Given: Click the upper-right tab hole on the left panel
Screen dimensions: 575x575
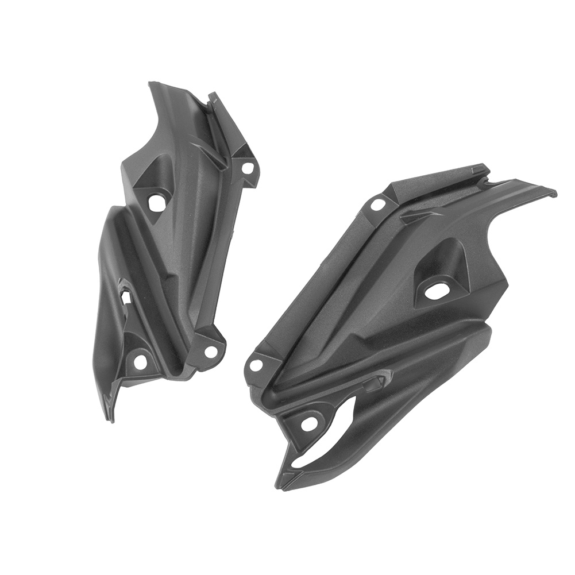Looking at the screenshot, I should [248, 168].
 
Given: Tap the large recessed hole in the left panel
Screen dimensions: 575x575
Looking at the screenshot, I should [156, 202].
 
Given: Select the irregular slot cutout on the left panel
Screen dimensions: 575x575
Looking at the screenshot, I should [125, 293].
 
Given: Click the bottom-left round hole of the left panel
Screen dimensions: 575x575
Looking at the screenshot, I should [139, 361].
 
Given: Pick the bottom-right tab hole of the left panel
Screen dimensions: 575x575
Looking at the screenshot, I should [211, 351].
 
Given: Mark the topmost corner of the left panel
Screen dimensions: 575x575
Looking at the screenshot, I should [150, 84].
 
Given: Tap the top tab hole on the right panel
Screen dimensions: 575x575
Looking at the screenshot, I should [377, 204].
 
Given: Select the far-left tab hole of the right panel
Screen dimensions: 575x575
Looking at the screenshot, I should [256, 364].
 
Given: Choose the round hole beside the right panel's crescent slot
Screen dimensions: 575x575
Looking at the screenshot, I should [308, 424].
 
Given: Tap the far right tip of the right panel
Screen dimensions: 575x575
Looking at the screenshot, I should [554, 194].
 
